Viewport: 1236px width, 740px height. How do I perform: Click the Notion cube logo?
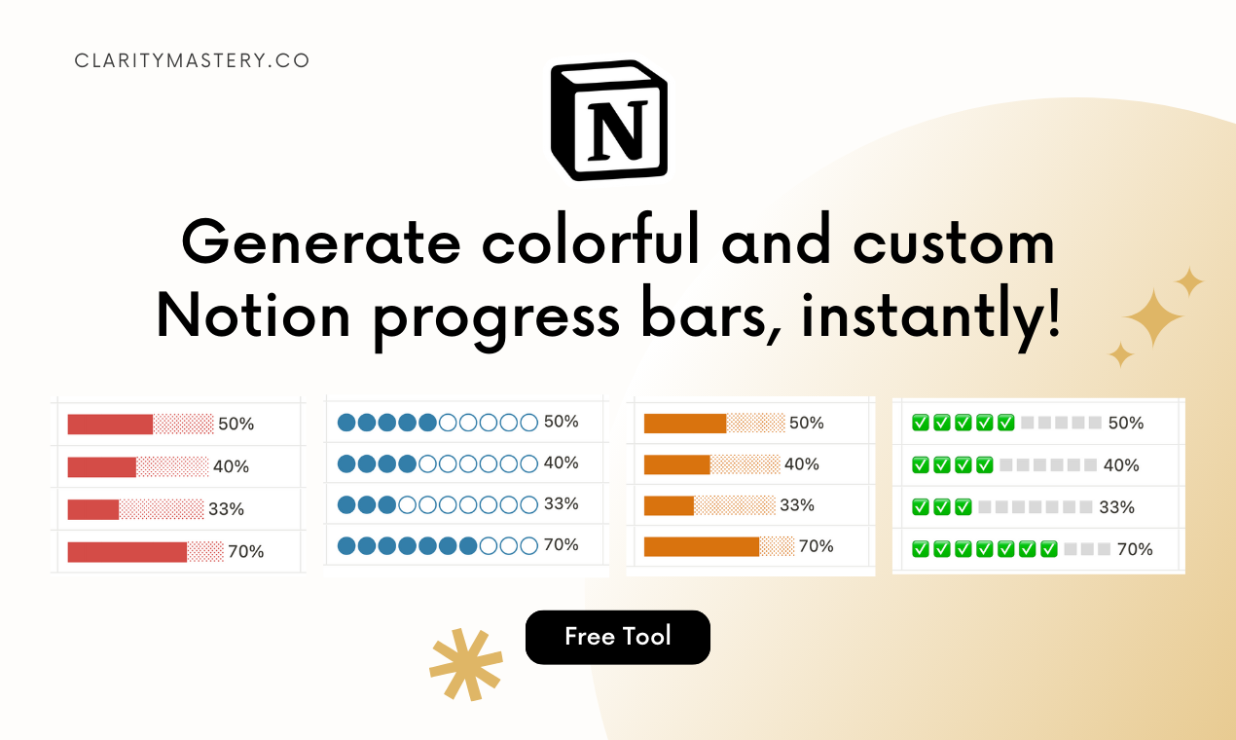tap(609, 121)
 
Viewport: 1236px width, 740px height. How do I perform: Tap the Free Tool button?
tap(618, 637)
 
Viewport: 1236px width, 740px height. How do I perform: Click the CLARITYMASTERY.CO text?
tap(192, 60)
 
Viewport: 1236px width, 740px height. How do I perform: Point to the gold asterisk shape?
tap(466, 664)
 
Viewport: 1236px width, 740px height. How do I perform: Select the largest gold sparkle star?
tap(1154, 318)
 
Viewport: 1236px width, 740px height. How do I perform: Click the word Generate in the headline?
tap(320, 243)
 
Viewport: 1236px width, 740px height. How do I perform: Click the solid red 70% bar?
tap(127, 552)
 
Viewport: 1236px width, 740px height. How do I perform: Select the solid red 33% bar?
tap(92, 509)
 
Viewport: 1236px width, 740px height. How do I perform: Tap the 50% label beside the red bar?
tap(236, 425)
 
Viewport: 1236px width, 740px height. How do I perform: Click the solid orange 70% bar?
tap(701, 546)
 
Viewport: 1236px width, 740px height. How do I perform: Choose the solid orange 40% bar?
tap(676, 464)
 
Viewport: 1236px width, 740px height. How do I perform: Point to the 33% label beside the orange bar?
tap(797, 505)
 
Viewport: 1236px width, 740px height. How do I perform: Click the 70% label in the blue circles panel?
tap(561, 545)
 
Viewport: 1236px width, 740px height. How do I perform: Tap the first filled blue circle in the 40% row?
tap(345, 463)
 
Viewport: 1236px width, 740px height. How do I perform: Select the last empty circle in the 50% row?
tap(528, 423)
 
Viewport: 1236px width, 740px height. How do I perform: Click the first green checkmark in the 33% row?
tap(920, 507)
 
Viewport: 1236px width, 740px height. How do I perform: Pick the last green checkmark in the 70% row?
tap(1048, 549)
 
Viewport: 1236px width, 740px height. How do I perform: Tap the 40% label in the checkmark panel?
tap(1121, 465)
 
